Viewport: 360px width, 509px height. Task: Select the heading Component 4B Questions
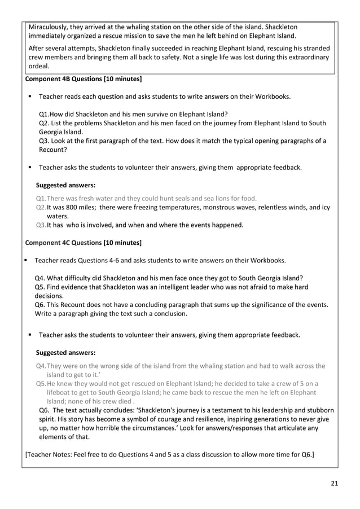84,78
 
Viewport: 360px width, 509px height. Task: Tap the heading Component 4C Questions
84,243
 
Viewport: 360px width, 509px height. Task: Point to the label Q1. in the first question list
45,114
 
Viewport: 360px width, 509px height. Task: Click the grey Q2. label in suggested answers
41,207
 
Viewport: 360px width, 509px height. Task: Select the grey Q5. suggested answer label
41,384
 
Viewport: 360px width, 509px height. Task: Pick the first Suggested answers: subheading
65,185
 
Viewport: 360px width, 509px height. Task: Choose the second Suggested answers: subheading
65,353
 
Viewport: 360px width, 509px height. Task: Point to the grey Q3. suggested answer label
41,225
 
